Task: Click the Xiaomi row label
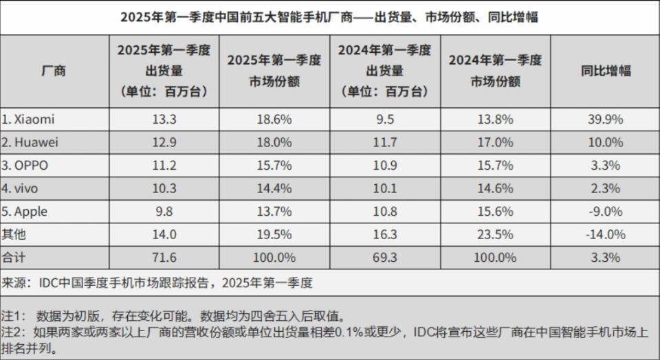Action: coord(28,120)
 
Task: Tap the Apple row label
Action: coord(25,211)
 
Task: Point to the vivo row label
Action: coord(22,188)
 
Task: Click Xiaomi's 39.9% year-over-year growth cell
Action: coord(605,120)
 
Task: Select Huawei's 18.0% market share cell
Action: coord(274,142)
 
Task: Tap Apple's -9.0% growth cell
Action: coord(605,211)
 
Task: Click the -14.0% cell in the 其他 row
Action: coord(605,234)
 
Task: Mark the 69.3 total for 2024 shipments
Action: coord(384,258)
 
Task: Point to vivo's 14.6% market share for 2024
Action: coord(495,188)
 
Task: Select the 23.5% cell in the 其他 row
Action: coord(495,234)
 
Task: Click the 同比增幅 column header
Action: coord(605,71)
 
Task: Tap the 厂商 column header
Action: coord(54,71)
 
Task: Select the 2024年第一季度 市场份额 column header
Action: coord(495,71)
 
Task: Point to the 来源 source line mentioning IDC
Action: coord(158,282)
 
